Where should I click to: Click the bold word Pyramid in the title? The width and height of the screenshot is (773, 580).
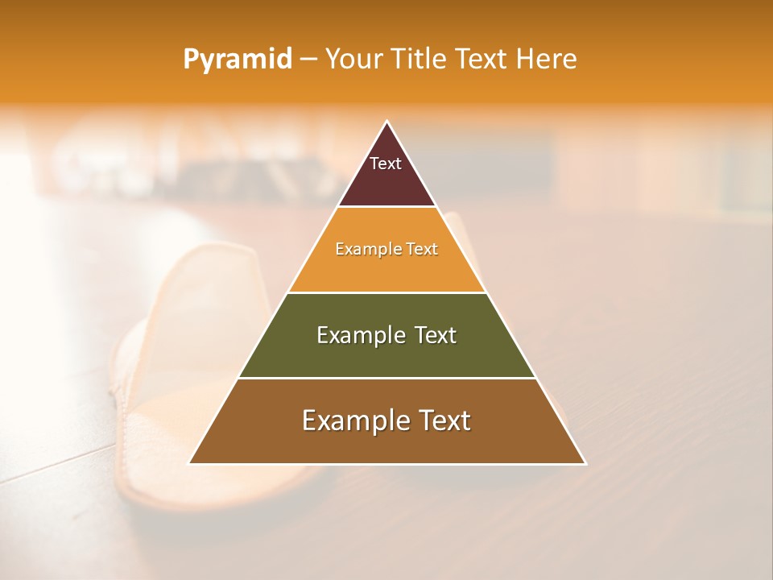click(x=237, y=60)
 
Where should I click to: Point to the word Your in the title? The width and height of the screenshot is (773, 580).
click(x=353, y=59)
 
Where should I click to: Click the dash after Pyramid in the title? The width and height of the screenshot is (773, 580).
click(x=308, y=60)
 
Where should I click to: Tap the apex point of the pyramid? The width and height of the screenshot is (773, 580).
click(x=386, y=122)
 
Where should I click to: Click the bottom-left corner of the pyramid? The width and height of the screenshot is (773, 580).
click(x=190, y=463)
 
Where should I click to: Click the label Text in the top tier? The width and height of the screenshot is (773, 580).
click(x=386, y=164)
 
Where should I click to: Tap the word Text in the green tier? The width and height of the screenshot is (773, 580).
click(x=435, y=335)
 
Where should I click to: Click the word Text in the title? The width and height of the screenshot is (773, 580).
click(x=482, y=59)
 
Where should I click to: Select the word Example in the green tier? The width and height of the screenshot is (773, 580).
click(x=360, y=335)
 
